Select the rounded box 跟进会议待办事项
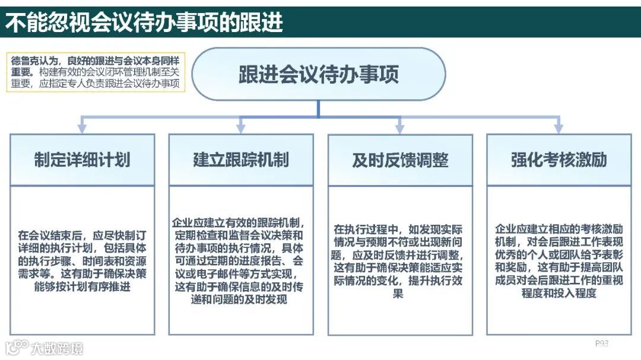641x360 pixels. click(319, 74)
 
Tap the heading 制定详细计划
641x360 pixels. click(82, 160)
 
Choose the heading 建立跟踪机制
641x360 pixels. click(241, 160)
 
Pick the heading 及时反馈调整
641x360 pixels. click(400, 160)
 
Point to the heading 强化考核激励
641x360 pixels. click(559, 160)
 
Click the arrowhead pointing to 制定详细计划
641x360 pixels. click(82, 128)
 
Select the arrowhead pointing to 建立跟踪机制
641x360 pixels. click(241, 128)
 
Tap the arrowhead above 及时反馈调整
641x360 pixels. click(400, 128)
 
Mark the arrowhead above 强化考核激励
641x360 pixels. click(559, 128)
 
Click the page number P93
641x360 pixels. click(602, 343)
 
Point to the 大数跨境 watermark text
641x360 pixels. click(58, 348)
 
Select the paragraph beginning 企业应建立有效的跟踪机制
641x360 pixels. click(241, 260)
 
